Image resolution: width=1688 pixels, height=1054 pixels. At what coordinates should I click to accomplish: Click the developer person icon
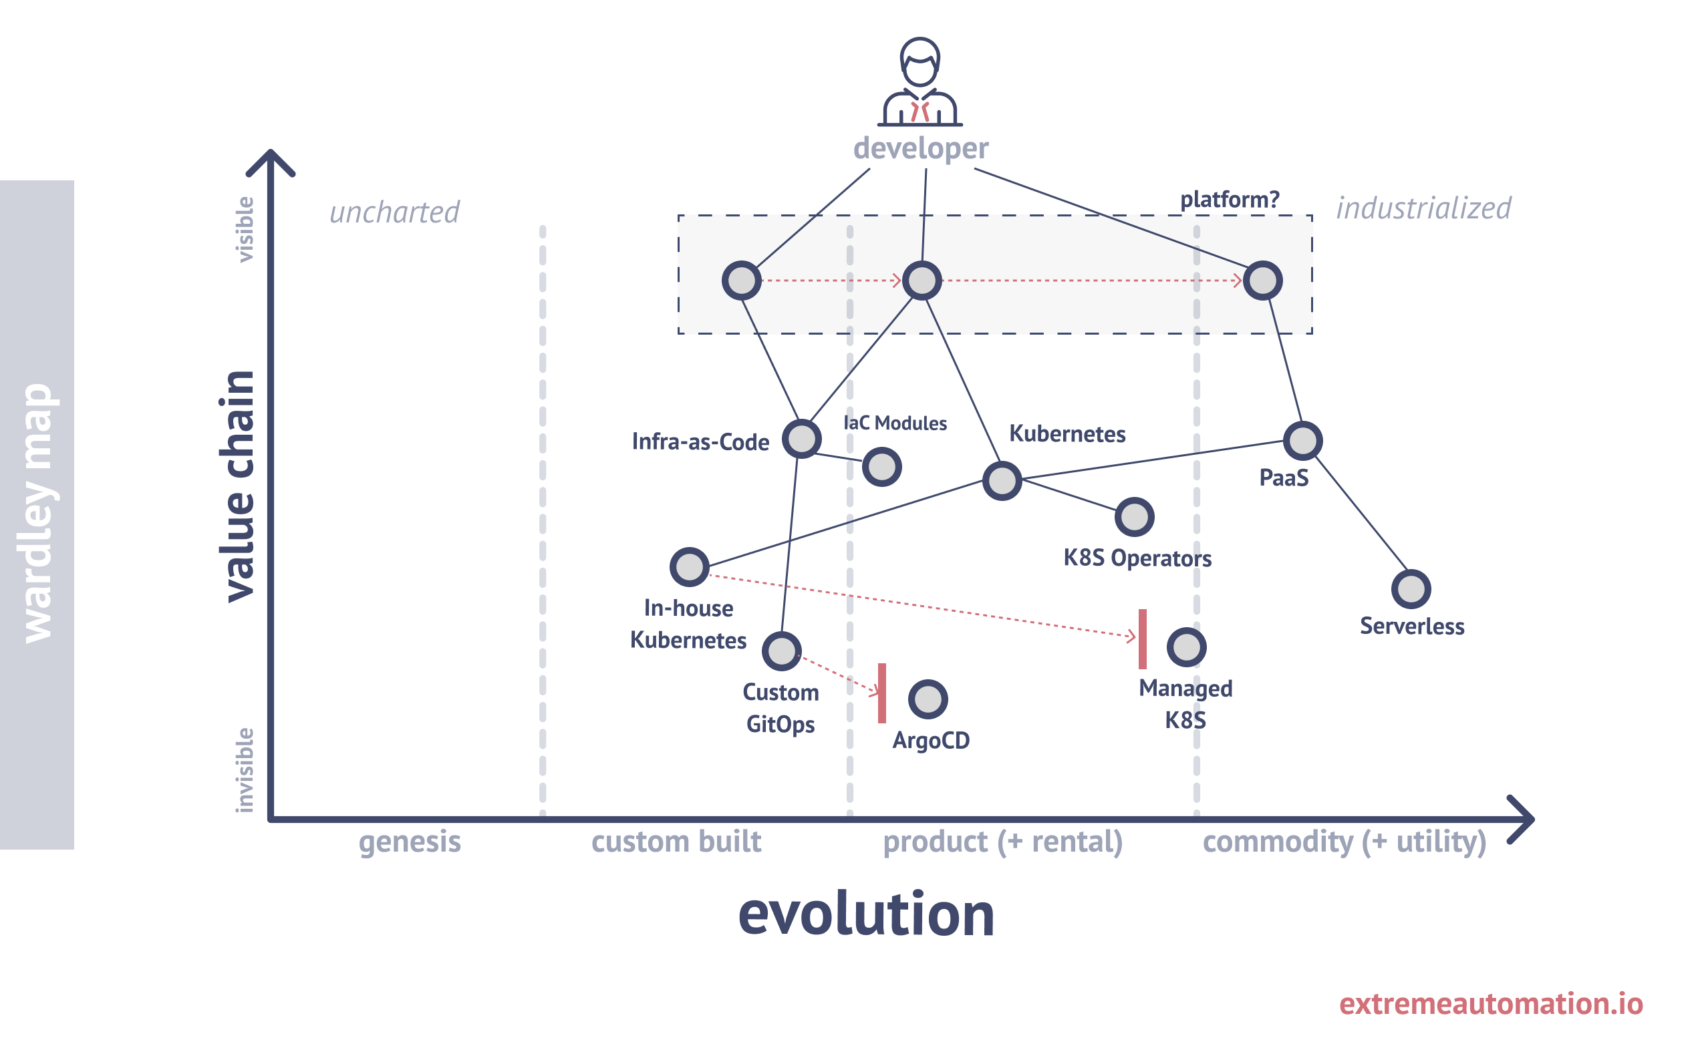click(920, 82)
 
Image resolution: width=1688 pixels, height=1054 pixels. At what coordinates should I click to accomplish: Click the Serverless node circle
click(1411, 589)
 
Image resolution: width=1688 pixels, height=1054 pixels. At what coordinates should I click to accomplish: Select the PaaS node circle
click(1302, 441)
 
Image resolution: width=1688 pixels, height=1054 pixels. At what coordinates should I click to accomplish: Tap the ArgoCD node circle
click(928, 699)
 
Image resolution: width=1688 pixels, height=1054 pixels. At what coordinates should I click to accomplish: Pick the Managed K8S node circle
click(1186, 647)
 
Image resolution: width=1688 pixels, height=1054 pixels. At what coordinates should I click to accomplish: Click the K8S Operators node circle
click(1134, 517)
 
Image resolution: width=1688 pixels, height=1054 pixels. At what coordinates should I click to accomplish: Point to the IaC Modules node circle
click(881, 466)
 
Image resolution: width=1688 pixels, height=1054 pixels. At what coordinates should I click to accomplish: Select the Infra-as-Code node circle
click(801, 438)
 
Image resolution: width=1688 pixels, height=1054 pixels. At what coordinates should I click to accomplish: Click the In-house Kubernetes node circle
click(689, 566)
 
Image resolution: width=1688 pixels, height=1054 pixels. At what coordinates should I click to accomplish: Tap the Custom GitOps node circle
click(781, 651)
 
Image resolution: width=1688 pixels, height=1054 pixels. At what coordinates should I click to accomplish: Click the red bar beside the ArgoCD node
click(881, 693)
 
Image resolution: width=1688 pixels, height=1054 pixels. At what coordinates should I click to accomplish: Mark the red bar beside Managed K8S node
click(1142, 639)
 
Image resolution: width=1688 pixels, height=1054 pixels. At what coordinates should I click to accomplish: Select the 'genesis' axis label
click(409, 842)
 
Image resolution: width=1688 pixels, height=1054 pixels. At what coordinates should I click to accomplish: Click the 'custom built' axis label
click(676, 842)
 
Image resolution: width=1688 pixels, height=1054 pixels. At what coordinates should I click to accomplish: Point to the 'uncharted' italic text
click(394, 212)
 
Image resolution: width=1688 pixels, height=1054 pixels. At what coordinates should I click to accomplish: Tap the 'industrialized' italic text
click(1423, 208)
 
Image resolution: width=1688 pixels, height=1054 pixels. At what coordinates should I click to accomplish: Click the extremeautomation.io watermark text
click(1491, 1003)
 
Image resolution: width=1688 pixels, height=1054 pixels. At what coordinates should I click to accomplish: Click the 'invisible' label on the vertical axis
click(244, 769)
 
